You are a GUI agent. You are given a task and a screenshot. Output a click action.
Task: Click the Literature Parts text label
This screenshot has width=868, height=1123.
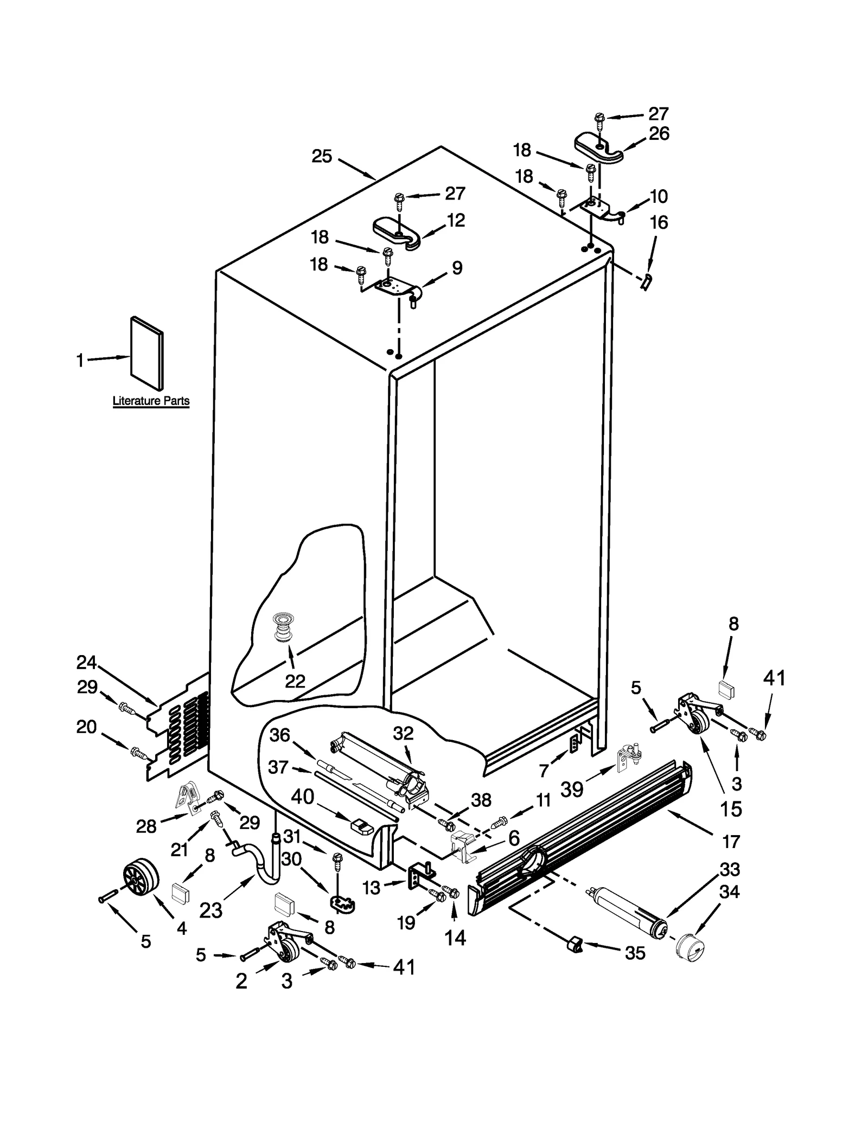click(151, 401)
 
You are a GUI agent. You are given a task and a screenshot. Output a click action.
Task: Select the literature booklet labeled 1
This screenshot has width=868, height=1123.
click(146, 353)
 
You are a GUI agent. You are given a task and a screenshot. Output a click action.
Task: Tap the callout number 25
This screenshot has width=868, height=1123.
click(322, 157)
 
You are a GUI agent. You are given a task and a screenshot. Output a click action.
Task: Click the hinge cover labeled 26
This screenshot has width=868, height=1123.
click(598, 148)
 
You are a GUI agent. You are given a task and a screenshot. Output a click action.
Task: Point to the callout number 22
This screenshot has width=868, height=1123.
click(295, 681)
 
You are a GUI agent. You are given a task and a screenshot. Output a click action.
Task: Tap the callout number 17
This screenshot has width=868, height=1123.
click(731, 842)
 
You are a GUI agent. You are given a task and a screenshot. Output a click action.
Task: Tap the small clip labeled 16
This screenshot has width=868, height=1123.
click(646, 282)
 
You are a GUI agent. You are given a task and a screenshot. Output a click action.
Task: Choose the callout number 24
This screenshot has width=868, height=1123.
click(86, 663)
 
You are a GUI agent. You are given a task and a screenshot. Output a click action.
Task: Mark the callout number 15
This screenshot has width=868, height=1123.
click(731, 809)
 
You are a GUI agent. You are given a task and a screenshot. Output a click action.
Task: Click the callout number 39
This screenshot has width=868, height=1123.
click(572, 790)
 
